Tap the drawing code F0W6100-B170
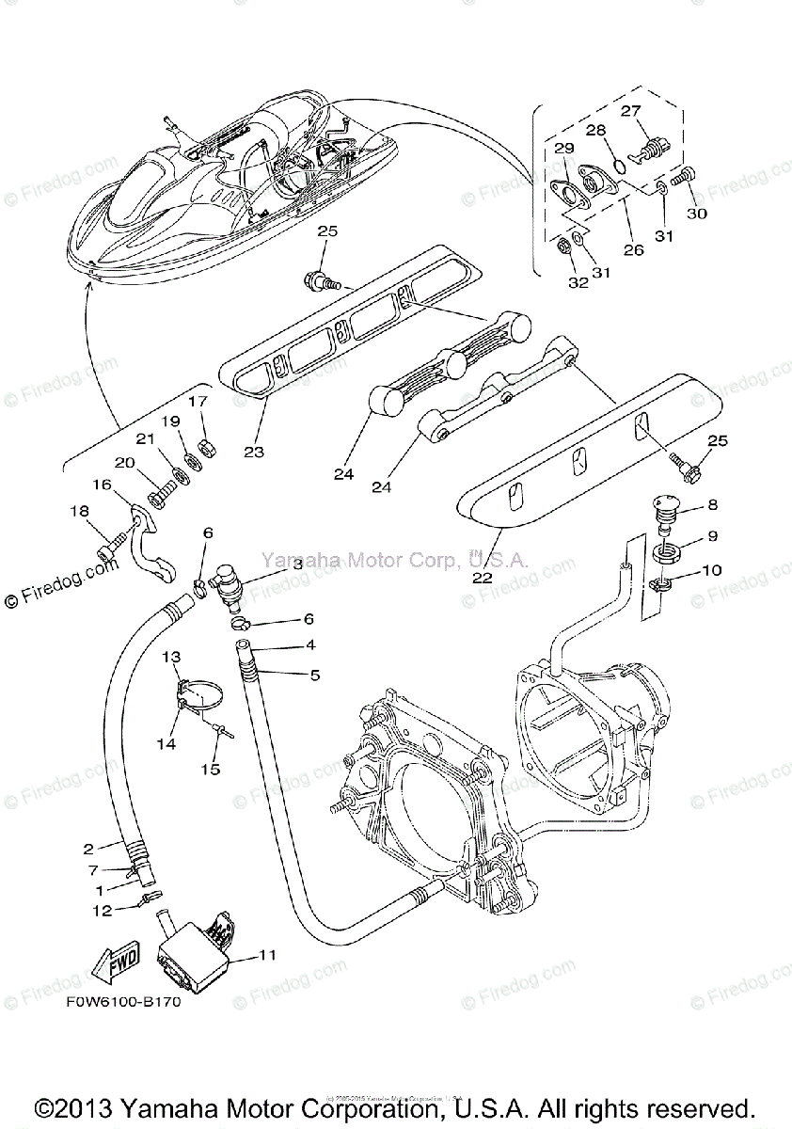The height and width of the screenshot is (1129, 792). [123, 1002]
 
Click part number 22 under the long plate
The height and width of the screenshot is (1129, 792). [482, 579]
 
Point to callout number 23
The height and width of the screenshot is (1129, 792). [253, 452]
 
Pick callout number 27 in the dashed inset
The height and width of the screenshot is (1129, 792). [629, 110]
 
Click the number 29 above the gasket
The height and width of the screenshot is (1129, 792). [563, 149]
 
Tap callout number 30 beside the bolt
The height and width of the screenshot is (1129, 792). [696, 214]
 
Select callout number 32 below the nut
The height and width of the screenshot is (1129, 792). [578, 281]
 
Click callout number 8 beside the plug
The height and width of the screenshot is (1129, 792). [712, 505]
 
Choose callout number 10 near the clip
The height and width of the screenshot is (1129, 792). [711, 570]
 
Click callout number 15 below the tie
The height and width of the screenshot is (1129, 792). [210, 769]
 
